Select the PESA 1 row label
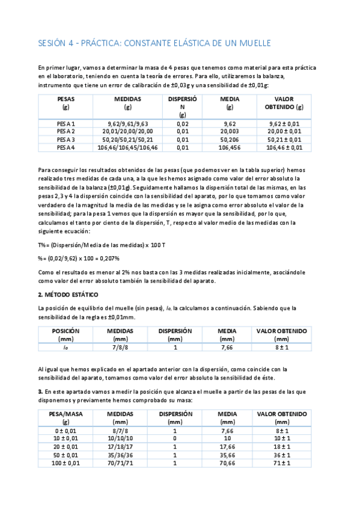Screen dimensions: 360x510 [66, 123]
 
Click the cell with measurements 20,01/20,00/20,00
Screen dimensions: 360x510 [127, 131]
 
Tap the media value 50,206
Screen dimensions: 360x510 [230, 138]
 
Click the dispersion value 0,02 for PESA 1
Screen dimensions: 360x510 [183, 123]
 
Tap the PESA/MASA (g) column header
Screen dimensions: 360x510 [66, 417]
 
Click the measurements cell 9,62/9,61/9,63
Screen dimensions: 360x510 [127, 123]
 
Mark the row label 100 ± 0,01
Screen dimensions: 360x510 [66, 463]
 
